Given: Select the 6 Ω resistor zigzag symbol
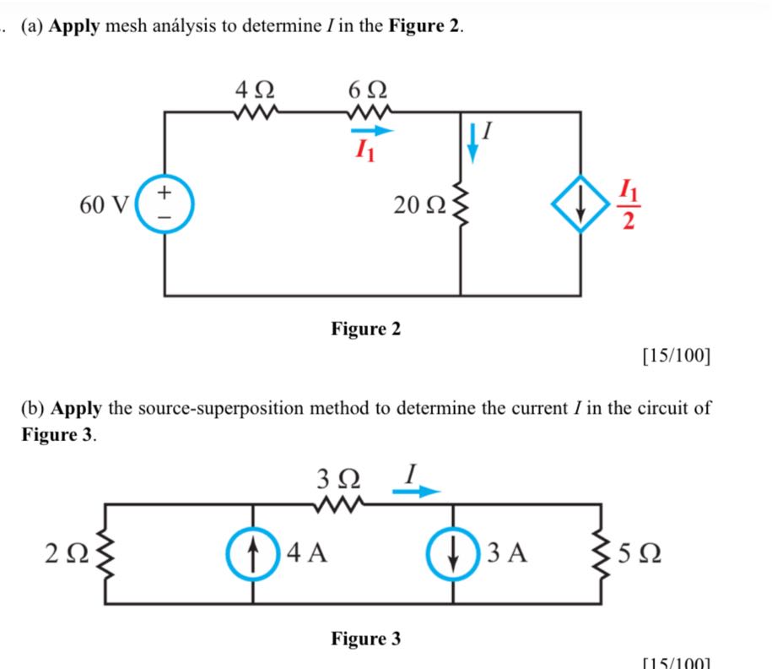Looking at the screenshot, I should pos(367,111).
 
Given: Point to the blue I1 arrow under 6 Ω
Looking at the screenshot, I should pos(371,131).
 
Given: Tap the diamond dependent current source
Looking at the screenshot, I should pos(581,204).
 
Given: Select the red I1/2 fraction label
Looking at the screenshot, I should pos(629,204).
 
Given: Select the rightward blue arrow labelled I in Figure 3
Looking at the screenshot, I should pos(418,492).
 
